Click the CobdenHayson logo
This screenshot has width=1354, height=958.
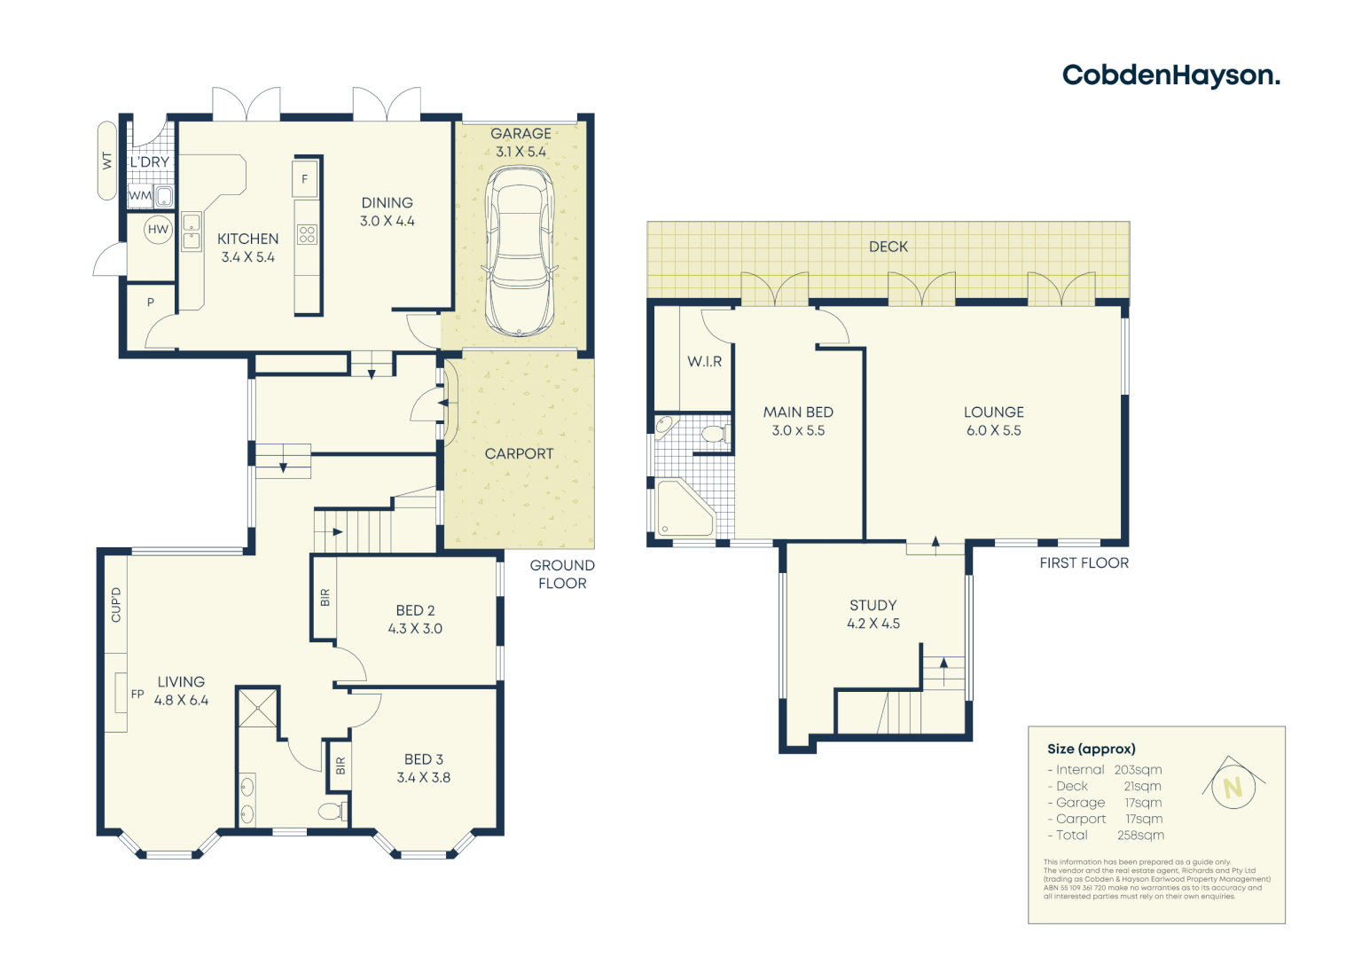point(1170,75)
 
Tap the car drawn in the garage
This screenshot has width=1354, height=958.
point(520,251)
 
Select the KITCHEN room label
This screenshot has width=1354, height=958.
point(247,239)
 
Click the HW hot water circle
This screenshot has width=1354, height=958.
point(158,230)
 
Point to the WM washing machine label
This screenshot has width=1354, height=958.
point(139,196)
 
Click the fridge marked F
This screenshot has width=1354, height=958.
point(304,179)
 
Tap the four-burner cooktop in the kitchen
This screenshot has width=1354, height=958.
point(307,234)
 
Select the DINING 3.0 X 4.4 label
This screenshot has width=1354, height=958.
point(387,212)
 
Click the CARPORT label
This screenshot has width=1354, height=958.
point(519,453)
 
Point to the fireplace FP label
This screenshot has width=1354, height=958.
point(137,695)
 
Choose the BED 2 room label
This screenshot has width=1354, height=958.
point(415,610)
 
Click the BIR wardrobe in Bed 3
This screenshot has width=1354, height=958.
point(340,766)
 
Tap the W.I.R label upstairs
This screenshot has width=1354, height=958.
point(704,362)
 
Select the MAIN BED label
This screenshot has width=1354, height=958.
point(798,412)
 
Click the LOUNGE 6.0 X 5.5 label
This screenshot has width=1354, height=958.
point(993,421)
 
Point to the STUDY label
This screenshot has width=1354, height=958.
point(873,605)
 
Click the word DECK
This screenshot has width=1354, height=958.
point(888,247)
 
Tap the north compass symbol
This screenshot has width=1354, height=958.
point(1232,785)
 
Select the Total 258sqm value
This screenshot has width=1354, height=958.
point(1140,836)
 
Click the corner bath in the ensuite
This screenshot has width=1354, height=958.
point(684,509)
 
